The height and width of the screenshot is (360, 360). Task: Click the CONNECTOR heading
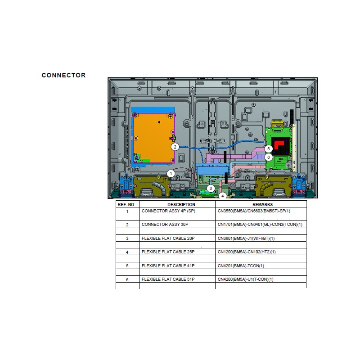pos(63,75)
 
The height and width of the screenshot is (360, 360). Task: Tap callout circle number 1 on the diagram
pos(171,174)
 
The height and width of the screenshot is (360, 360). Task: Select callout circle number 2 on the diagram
pos(175,147)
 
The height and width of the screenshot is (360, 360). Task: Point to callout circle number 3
pos(211,189)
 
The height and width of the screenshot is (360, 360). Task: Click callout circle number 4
pos(222,196)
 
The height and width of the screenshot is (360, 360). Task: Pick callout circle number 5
pos(268,149)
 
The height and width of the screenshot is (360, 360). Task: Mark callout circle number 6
pos(268,157)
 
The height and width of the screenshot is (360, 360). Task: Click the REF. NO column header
pos(126,205)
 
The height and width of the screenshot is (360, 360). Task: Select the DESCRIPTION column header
pos(181,205)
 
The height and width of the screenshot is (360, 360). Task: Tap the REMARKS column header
pos(263,205)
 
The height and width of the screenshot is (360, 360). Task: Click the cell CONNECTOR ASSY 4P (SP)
pos(168,211)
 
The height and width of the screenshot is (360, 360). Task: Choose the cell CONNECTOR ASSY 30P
pos(165,225)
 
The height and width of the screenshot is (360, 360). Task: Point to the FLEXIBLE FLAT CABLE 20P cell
pos(168,238)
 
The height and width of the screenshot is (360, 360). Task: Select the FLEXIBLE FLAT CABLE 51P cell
pos(168,279)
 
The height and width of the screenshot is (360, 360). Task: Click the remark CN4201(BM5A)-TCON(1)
pos(241,266)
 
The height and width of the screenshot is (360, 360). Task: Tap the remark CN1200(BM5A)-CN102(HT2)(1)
pos(247,252)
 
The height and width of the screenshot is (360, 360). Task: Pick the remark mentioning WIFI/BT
pos(246,238)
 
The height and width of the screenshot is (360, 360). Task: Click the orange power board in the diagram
pos(153,138)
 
